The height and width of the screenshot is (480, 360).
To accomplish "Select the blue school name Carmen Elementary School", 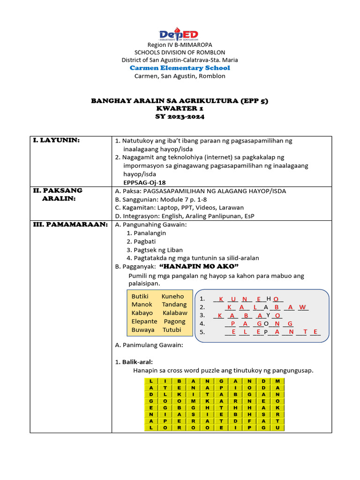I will click(180, 68).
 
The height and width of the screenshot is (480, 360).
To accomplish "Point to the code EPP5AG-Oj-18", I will click(145, 183).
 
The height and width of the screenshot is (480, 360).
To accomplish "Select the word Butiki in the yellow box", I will click(140, 296).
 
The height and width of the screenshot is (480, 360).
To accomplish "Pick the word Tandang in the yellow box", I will click(174, 305).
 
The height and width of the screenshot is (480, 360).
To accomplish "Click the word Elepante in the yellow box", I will click(144, 322).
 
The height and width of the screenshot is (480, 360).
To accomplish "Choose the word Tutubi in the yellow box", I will click(172, 330).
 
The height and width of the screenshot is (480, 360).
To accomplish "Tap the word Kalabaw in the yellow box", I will click(175, 313).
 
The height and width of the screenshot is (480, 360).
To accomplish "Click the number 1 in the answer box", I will click(202, 299).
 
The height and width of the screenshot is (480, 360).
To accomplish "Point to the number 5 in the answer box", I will click(202, 332).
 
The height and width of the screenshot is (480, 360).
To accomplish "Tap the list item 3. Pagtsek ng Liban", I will click(155, 250).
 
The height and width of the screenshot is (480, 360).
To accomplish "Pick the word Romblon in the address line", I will click(213, 76).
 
